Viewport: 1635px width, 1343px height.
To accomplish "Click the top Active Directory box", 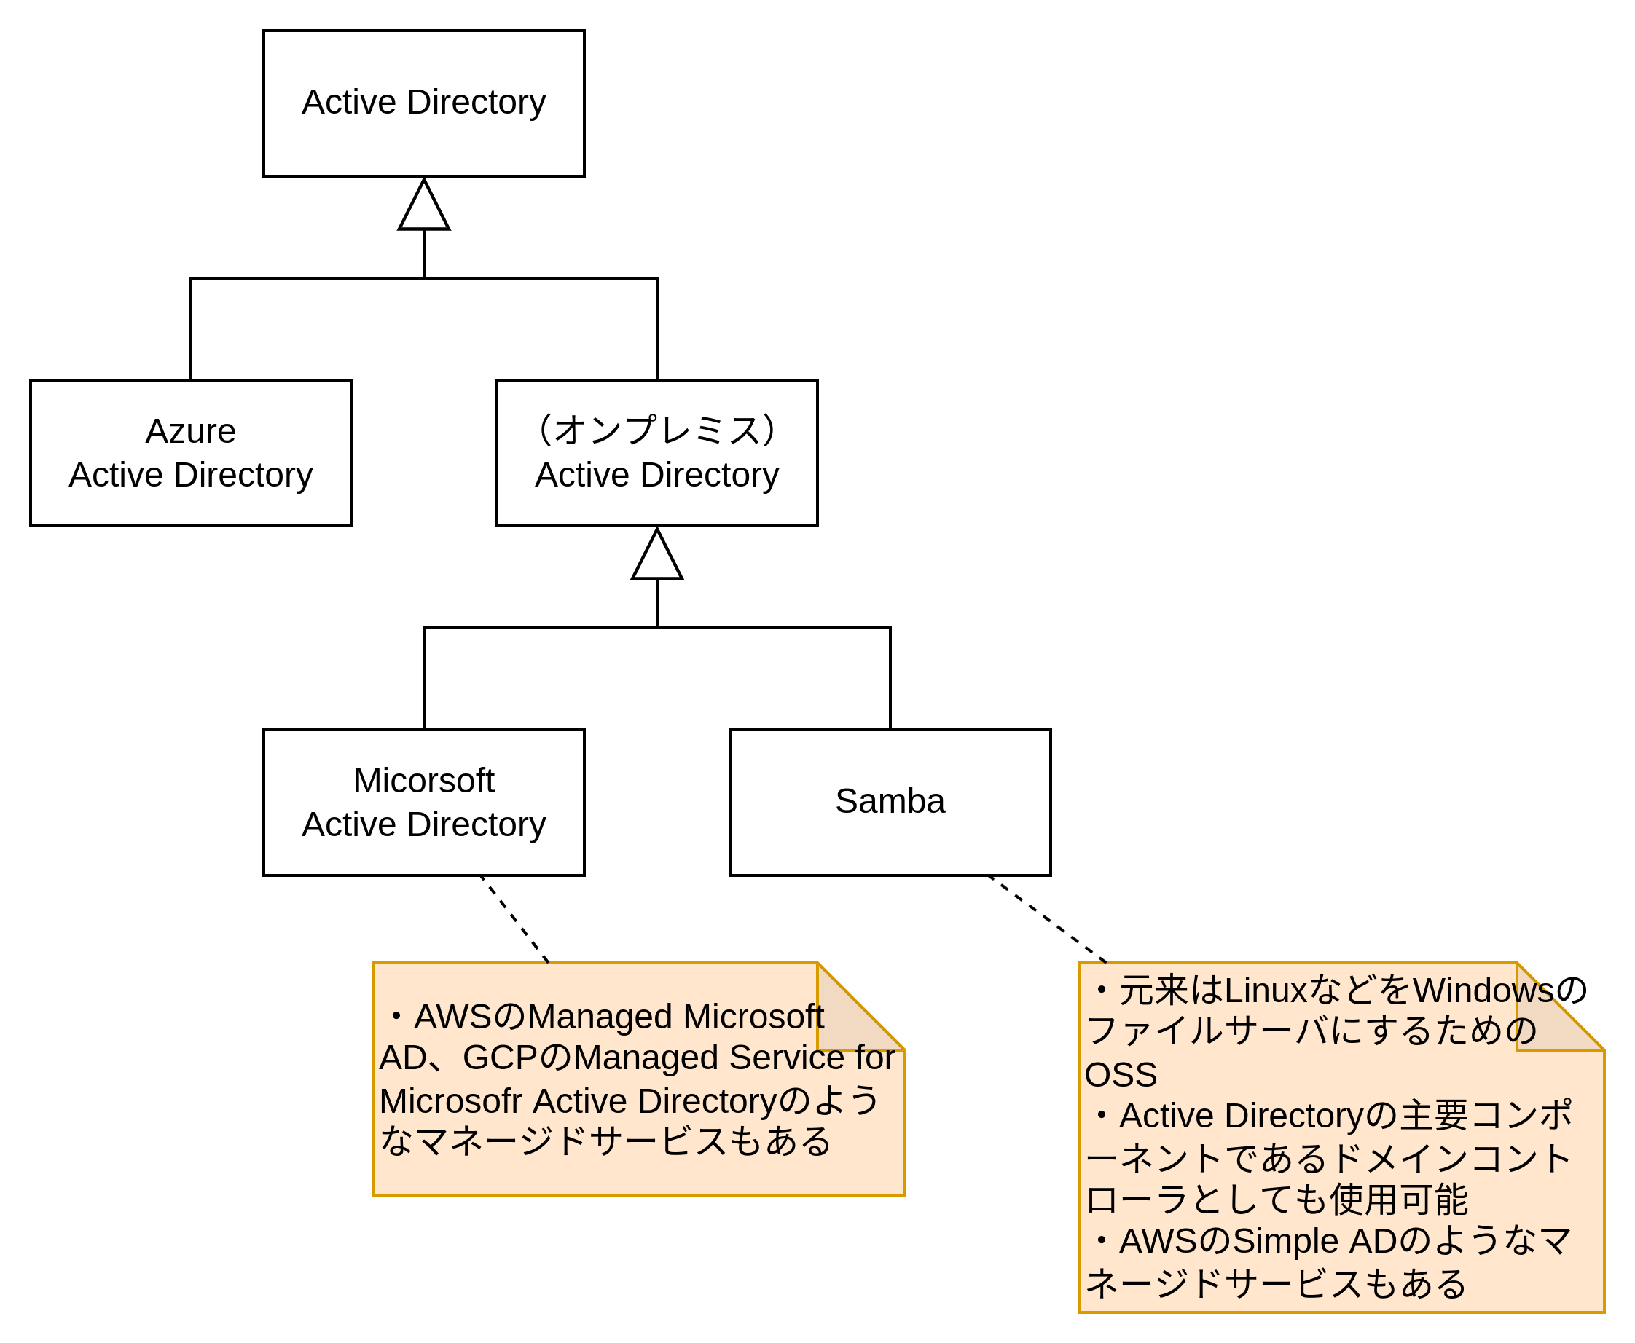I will click(x=423, y=103).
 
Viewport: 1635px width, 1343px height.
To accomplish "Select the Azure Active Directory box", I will click(x=190, y=452).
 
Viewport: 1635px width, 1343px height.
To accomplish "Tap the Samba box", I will click(x=890, y=803).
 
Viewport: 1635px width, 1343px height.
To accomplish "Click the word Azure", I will click(x=190, y=431).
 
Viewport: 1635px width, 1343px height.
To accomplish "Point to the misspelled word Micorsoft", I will click(x=423, y=781).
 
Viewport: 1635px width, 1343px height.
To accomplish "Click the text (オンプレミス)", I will click(x=657, y=430).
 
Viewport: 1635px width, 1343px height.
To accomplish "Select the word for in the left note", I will click(x=876, y=1058).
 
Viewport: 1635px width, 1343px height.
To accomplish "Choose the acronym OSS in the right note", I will click(x=1121, y=1075).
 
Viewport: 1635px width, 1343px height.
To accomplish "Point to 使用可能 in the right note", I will click(x=1398, y=1200).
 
